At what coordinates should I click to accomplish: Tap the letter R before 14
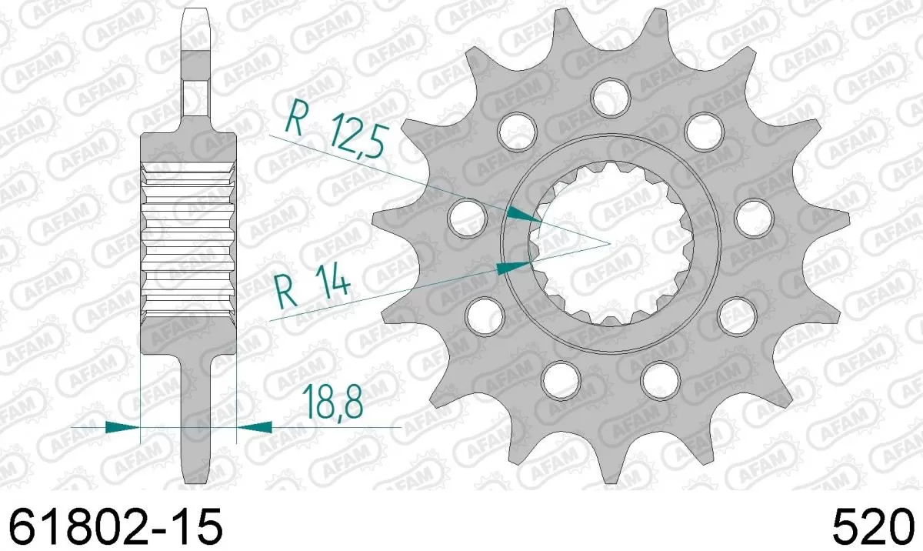pos(285,290)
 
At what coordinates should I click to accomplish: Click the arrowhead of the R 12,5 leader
pos(523,215)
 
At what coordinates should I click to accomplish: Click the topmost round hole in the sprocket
pos(611,95)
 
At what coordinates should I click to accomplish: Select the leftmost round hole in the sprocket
pos(465,216)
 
